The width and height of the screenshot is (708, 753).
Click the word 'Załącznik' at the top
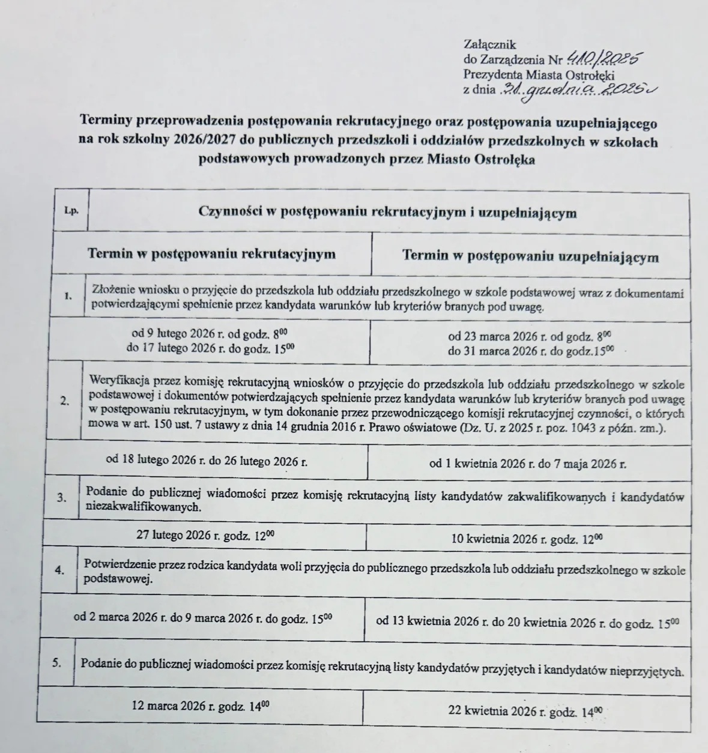coord(489,44)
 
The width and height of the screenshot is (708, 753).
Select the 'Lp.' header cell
coord(71,211)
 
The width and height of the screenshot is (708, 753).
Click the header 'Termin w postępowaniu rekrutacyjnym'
coord(211,253)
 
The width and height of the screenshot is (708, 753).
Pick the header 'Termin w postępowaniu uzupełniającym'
coord(530,256)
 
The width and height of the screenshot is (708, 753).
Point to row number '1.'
coord(69,295)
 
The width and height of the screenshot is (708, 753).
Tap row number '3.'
coord(61,497)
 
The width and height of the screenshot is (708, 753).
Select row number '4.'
coord(59,570)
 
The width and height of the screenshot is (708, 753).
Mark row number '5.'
coord(57,663)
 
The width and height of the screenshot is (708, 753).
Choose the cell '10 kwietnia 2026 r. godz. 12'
coord(527,539)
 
